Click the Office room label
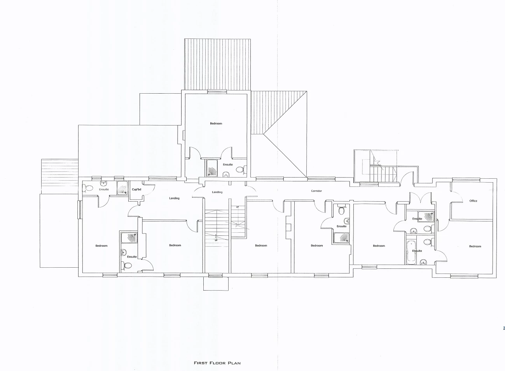473,201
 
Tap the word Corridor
316,191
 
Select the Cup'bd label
136,189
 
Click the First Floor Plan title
218,363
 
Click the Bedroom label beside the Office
475,246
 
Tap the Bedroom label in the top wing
216,124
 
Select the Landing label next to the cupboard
174,199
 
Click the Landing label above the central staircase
217,192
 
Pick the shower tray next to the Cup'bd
122,188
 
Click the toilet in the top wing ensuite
241,169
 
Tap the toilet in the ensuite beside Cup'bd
89,188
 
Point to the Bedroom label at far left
101,246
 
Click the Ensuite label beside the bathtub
417,251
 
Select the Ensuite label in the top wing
228,164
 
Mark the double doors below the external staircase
422,197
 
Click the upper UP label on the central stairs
237,207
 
